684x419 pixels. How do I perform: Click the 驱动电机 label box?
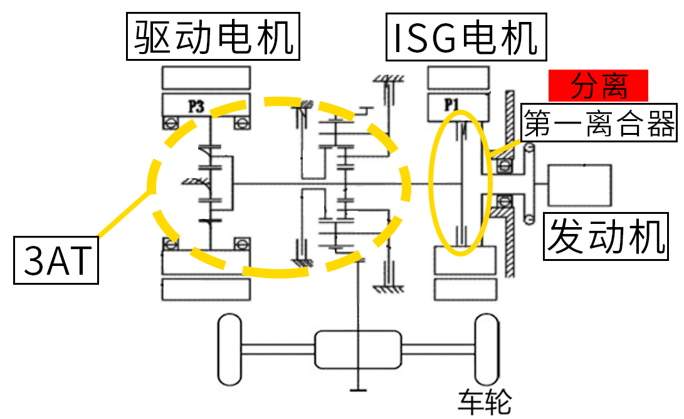213,36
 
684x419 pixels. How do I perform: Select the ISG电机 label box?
466,37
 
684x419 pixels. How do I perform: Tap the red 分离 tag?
598,85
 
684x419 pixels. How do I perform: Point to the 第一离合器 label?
599,123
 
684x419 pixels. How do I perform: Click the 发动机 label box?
606,236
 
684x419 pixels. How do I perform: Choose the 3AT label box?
56,260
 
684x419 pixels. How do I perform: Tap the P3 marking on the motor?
196,106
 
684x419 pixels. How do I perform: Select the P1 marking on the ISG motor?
451,105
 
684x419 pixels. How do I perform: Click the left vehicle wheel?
229,349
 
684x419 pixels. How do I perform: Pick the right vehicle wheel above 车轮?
487,349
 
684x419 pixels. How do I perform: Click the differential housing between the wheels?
358,349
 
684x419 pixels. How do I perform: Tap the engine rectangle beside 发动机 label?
580,185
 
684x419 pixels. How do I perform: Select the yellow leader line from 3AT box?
124,214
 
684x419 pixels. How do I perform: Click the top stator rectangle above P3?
206,78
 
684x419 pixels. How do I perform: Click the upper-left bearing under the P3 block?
170,123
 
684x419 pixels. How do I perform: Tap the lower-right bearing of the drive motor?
242,243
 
